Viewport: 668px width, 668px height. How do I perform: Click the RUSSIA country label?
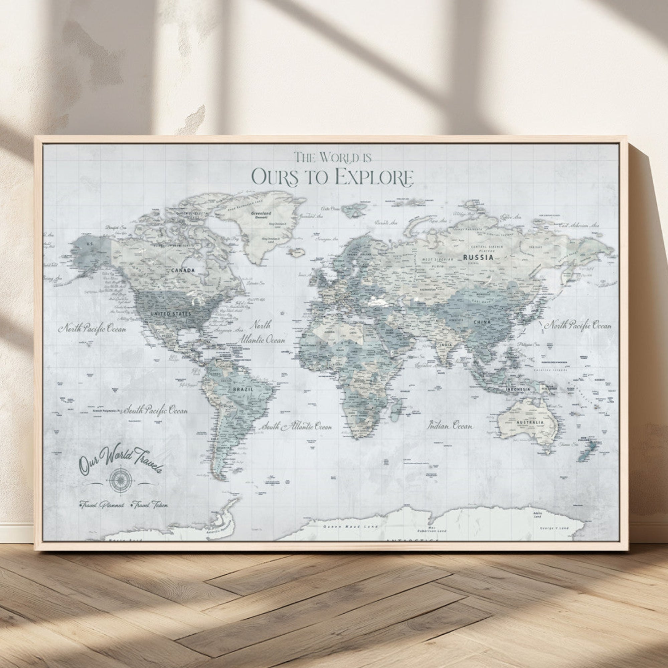[478, 257]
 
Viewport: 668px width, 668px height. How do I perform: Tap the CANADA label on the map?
[183, 270]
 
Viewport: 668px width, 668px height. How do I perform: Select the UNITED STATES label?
[170, 314]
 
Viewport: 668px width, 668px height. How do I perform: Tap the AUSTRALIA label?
[530, 422]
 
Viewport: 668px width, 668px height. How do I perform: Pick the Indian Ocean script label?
[450, 426]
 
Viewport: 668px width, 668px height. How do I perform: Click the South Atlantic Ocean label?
[297, 427]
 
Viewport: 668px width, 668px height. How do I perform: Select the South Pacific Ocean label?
[156, 411]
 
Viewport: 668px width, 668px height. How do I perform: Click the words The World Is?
[333, 158]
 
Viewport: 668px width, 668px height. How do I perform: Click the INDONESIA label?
[518, 389]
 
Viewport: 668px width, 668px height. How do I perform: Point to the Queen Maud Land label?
[341, 527]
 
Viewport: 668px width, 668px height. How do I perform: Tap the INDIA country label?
[446, 345]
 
